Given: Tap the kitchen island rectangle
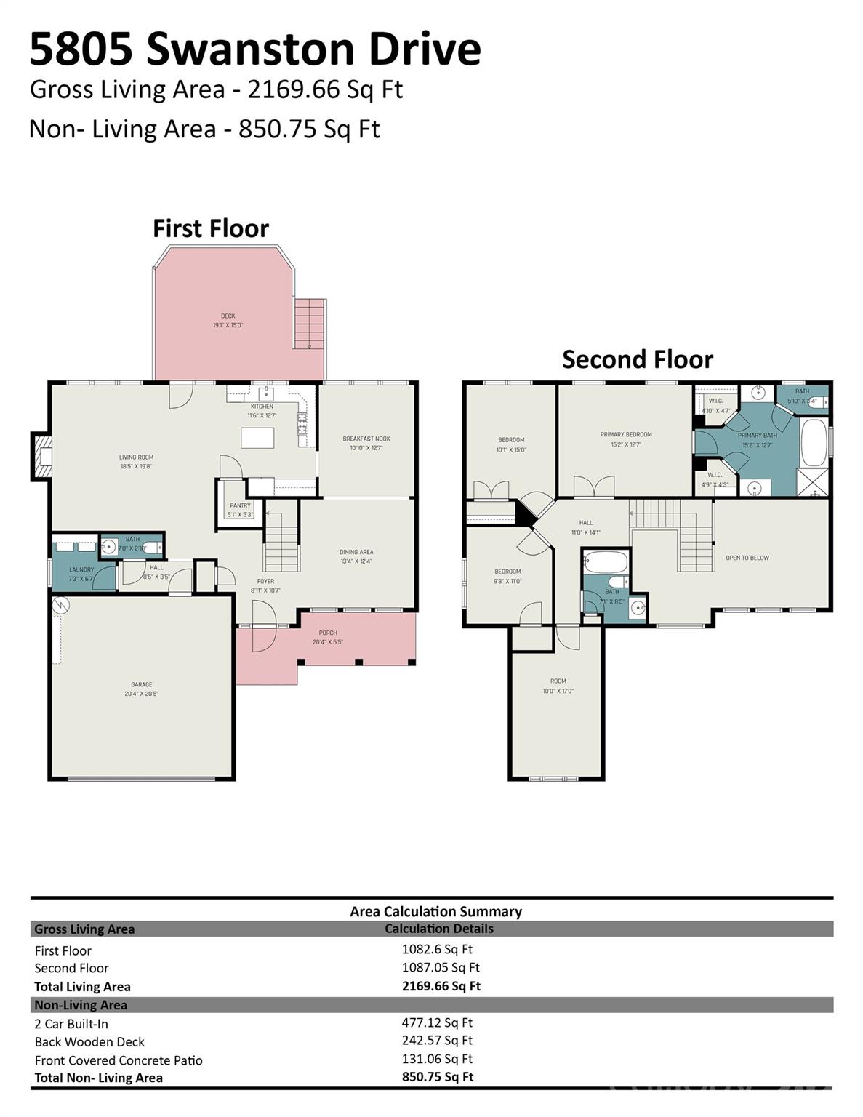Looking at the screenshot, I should (x=257, y=439).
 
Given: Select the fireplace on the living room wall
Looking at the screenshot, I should (x=42, y=457).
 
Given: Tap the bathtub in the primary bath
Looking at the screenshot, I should (x=814, y=441).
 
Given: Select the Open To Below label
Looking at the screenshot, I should (x=747, y=558).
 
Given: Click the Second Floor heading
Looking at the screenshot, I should (x=637, y=359).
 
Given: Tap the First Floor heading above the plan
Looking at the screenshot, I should (x=210, y=228).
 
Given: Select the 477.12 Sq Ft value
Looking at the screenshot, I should (x=437, y=1022).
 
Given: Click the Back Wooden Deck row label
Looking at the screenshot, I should (x=89, y=1041).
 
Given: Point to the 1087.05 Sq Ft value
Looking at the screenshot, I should (x=441, y=967).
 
